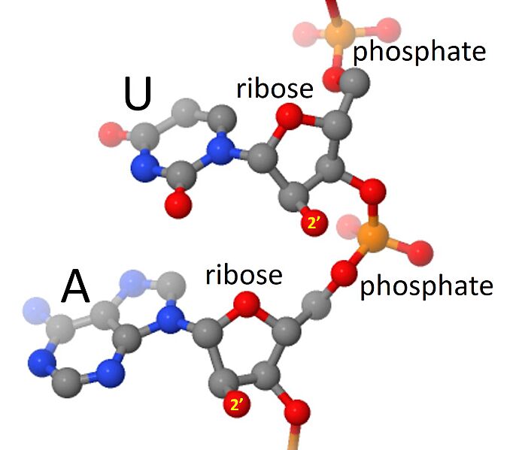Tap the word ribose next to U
click(x=274, y=89)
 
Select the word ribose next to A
click(x=244, y=274)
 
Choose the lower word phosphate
click(x=426, y=286)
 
